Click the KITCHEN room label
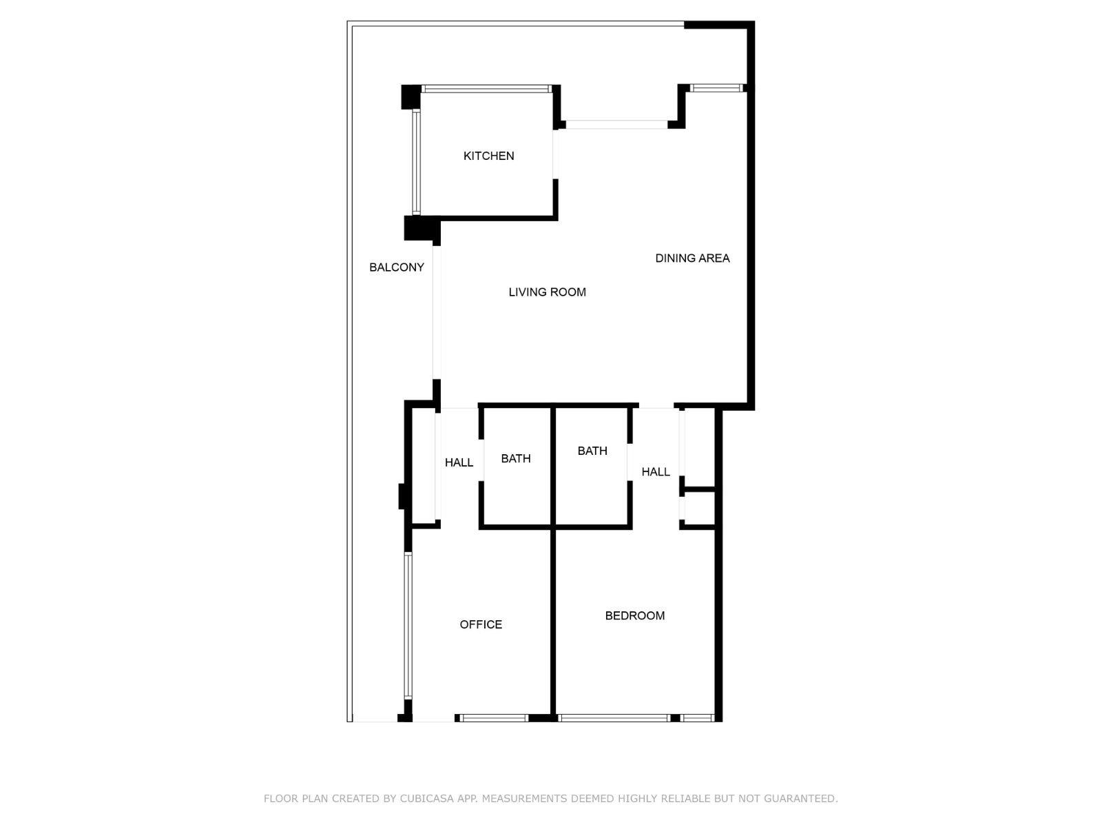point(488,156)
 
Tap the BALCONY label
point(397,267)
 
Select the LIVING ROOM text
point(548,292)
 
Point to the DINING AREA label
point(692,258)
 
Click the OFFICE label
point(481,624)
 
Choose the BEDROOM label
point(634,615)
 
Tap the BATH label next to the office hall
point(516,458)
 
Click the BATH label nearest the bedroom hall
point(592,451)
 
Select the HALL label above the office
point(459,462)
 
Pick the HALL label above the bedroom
point(656,471)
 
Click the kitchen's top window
point(486,89)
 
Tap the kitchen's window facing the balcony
point(416,163)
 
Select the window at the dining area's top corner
point(716,88)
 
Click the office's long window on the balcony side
point(408,626)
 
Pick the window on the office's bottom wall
point(493,718)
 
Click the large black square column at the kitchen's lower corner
point(422,228)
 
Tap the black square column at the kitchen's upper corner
point(410,97)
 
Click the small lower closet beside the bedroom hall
point(699,508)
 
